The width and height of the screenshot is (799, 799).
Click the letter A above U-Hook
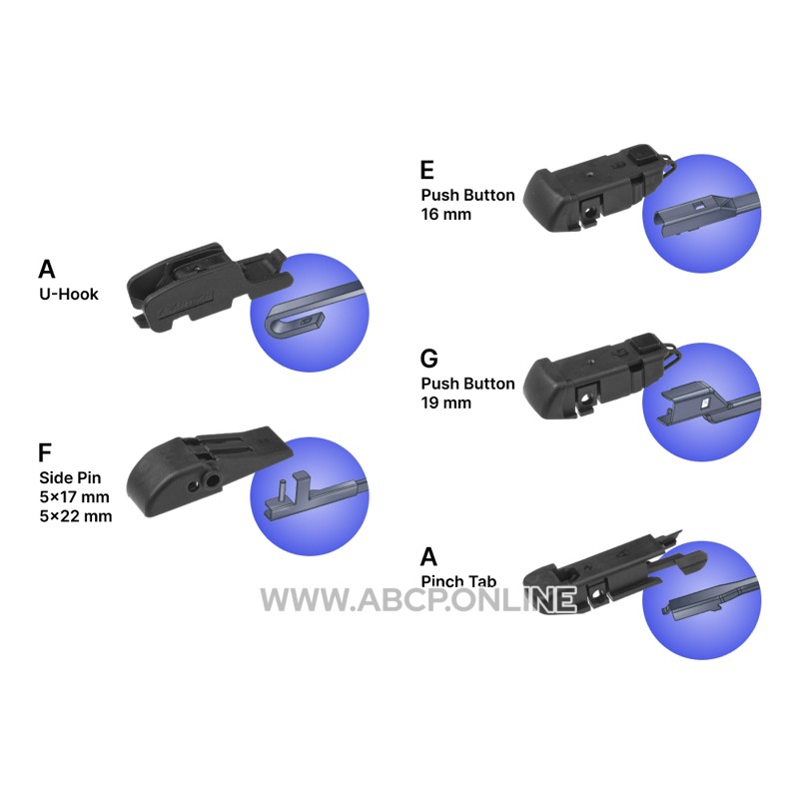pyautogui.click(x=47, y=269)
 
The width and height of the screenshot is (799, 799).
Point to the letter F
pyautogui.click(x=45, y=451)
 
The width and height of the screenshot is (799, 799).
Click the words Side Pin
pyautogui.click(x=70, y=477)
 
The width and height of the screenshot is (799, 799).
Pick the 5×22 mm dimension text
pyautogui.click(x=75, y=517)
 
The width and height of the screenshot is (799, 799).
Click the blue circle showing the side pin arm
pyautogui.click(x=309, y=495)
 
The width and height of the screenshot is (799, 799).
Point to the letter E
pyautogui.click(x=427, y=170)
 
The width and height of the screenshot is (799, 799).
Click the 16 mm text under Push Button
pyautogui.click(x=445, y=214)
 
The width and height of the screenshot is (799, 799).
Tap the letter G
pyautogui.click(x=429, y=359)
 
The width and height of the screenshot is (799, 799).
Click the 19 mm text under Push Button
pyautogui.click(x=445, y=402)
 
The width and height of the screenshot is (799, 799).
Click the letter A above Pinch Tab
pyautogui.click(x=429, y=556)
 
